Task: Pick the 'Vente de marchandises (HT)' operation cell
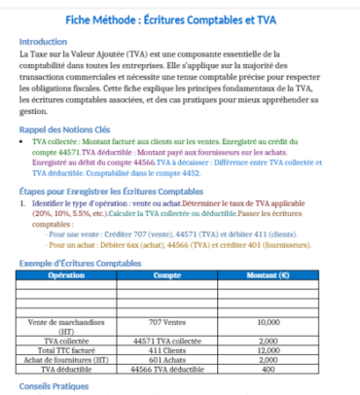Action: pos(65,326)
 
